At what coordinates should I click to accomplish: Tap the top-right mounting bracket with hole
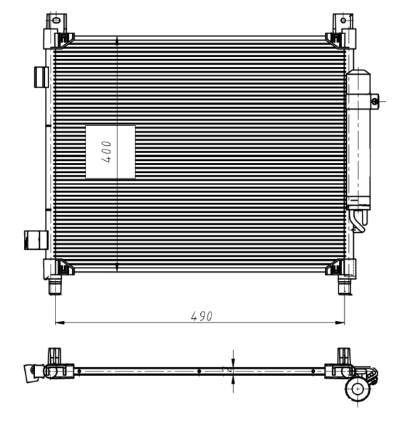(x=343, y=20)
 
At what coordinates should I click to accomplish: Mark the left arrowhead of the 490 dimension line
(x=58, y=322)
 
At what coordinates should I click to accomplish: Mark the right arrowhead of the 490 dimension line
(x=342, y=322)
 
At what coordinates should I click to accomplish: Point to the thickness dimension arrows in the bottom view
(x=234, y=371)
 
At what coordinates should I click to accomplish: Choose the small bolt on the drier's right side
(x=375, y=102)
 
